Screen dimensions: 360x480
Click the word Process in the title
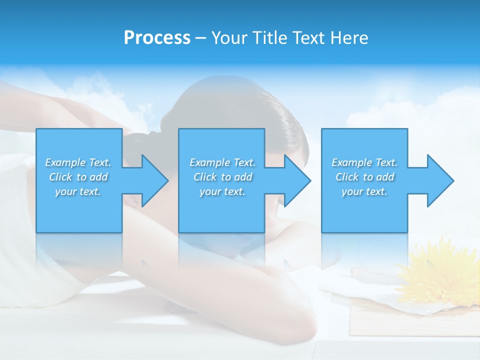click(x=157, y=38)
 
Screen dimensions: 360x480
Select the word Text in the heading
click(x=309, y=38)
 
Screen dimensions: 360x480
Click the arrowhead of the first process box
click(x=152, y=180)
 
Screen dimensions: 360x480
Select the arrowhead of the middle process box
click(x=295, y=180)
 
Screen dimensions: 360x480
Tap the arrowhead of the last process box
click(x=438, y=180)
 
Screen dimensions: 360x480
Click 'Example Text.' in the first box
click(x=78, y=162)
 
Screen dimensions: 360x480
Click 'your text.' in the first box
click(x=78, y=191)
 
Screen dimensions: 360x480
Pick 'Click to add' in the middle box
click(x=222, y=177)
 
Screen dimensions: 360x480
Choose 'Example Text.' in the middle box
click(x=222, y=162)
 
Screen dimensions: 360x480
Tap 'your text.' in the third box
click(x=364, y=191)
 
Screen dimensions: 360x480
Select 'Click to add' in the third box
click(x=364, y=177)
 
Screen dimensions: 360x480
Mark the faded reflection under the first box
click(x=78, y=250)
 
